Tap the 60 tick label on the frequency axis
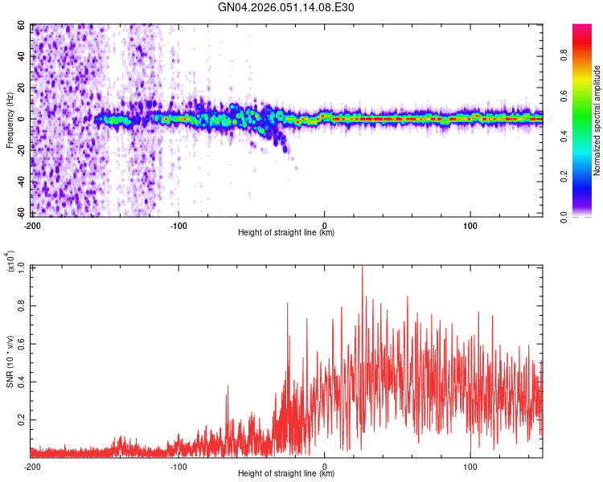21,26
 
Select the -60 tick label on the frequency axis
19,213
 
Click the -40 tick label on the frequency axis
19,182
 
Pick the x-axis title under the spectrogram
286,233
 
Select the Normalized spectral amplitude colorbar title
597,120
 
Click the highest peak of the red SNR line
362,267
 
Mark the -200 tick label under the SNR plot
32,466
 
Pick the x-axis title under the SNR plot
286,475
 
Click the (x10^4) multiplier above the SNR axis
10,262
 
